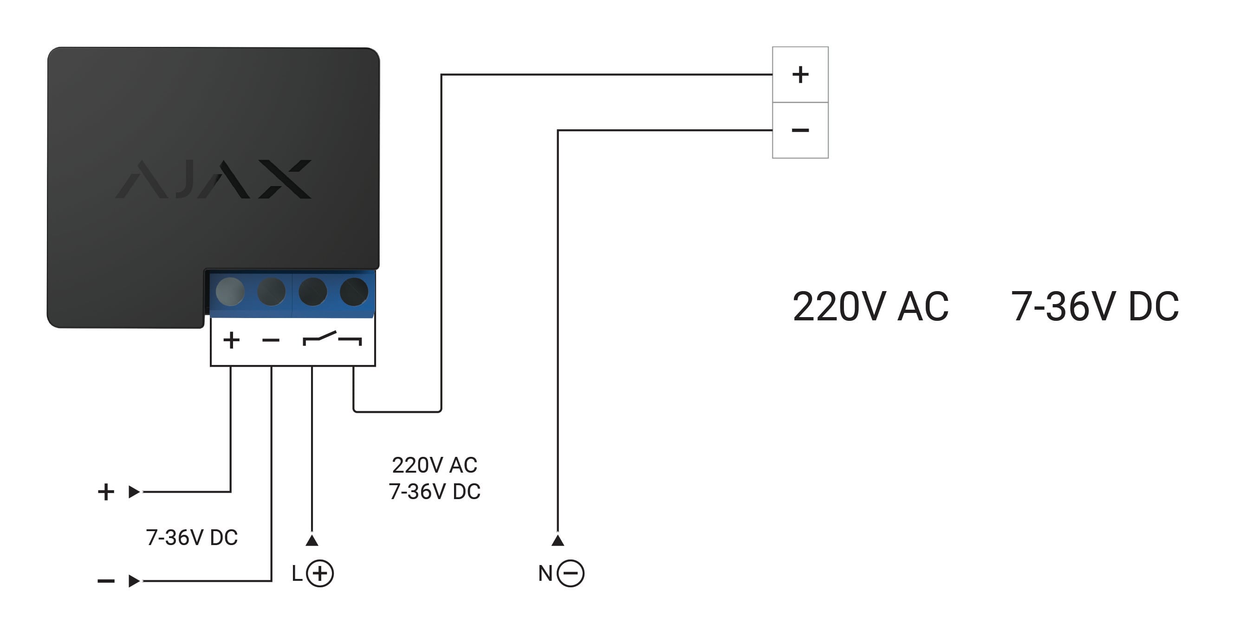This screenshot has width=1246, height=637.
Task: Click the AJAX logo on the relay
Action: click(213, 179)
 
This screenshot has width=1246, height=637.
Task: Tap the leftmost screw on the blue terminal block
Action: click(230, 292)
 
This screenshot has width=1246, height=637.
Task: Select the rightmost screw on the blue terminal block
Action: click(354, 292)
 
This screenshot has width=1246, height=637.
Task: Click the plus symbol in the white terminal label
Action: click(231, 340)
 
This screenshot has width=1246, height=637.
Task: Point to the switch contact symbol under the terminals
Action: click(332, 338)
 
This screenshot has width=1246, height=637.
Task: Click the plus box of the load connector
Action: click(800, 74)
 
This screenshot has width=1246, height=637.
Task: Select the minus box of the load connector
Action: click(800, 130)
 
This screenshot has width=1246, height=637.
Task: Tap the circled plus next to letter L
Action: click(320, 574)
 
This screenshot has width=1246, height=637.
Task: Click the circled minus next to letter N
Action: click(570, 574)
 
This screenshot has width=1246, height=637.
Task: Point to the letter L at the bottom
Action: click(297, 574)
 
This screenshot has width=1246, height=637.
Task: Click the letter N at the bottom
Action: click(545, 574)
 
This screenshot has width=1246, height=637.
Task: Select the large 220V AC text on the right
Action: click(870, 306)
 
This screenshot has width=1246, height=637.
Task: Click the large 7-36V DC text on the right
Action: click(1095, 306)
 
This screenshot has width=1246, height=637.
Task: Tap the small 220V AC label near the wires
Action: click(435, 465)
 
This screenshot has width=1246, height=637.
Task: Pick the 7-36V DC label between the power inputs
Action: click(192, 537)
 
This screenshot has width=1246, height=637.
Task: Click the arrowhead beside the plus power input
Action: click(134, 492)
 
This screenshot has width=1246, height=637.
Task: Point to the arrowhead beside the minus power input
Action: click(134, 581)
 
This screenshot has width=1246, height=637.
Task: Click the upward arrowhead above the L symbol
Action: click(312, 540)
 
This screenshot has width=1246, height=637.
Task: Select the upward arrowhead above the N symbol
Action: click(558, 540)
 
